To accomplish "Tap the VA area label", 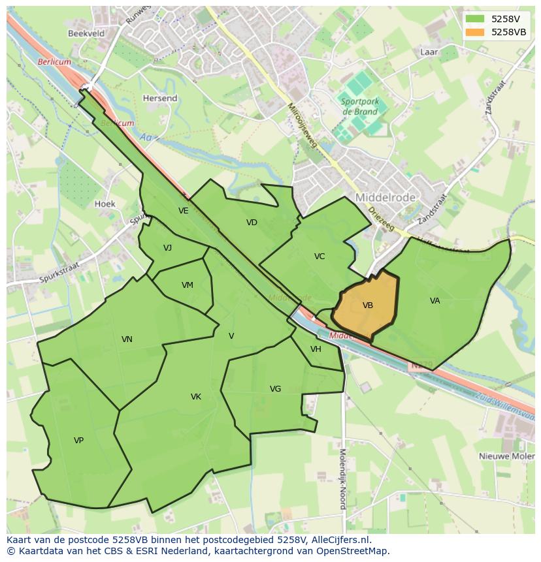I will (x=435, y=301).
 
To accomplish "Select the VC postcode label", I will (x=320, y=257).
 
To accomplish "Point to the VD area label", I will (x=252, y=223).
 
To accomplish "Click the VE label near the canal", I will (x=184, y=211).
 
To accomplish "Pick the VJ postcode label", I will (x=168, y=248).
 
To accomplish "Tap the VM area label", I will (x=188, y=285).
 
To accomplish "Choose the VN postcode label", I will (x=127, y=339).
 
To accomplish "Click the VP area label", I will (x=78, y=441).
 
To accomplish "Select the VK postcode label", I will (x=196, y=397).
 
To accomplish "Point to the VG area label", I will (x=276, y=389).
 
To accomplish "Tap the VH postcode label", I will (x=316, y=349).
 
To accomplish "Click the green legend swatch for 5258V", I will (x=476, y=19).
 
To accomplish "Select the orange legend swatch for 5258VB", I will (x=476, y=32).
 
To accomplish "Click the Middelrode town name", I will (x=386, y=196).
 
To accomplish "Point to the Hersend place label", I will (x=160, y=99).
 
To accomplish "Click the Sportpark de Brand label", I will (x=359, y=106).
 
